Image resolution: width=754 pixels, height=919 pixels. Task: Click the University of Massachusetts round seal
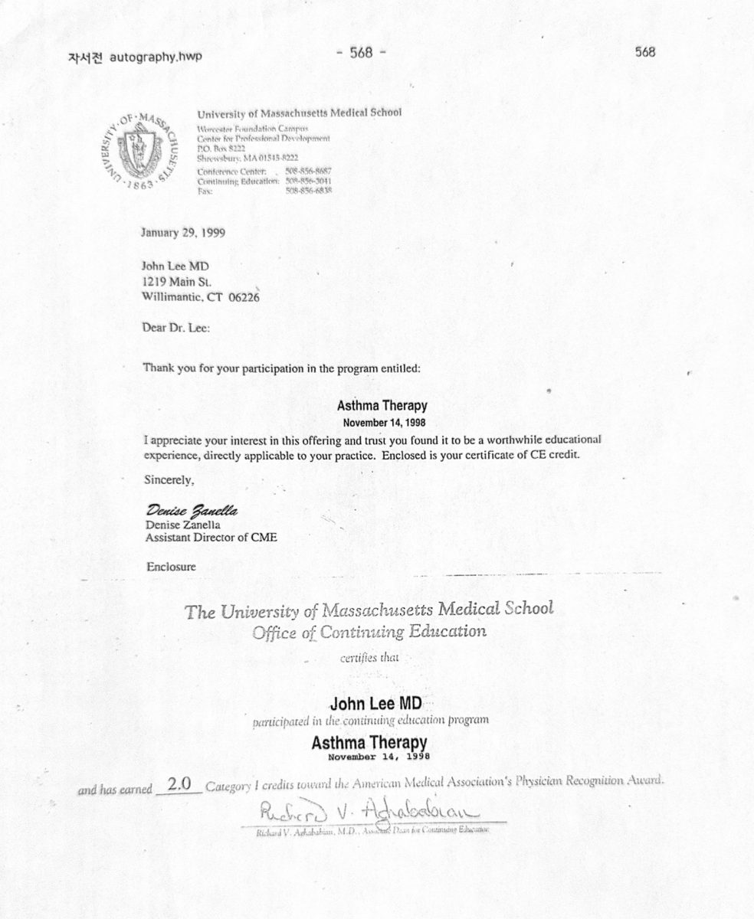[139, 152]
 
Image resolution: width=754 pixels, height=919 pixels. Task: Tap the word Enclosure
[171, 567]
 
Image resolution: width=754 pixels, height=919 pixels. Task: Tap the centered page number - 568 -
[360, 53]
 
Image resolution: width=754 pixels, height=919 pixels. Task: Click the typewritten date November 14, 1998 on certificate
[379, 757]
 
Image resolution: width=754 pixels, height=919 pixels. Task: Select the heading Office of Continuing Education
[369, 632]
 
